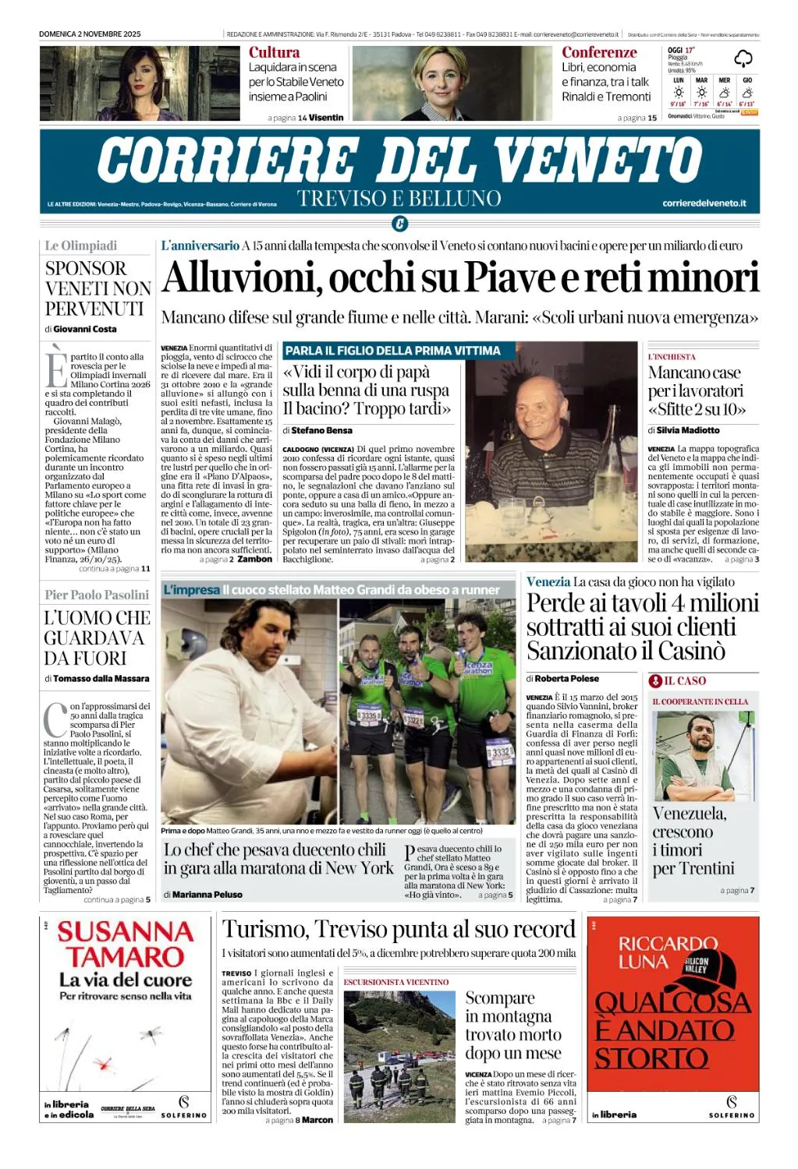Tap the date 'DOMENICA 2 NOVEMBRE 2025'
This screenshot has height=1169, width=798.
90,34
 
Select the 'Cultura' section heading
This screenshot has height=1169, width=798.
274,52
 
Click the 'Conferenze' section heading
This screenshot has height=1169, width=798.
599,52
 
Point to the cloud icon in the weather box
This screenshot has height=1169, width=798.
743,58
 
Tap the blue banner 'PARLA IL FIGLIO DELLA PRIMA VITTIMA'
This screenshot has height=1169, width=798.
392,351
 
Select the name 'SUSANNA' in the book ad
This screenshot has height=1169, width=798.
125,932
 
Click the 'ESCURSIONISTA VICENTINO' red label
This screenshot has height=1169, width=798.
396,982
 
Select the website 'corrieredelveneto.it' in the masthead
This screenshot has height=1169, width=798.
704,203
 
